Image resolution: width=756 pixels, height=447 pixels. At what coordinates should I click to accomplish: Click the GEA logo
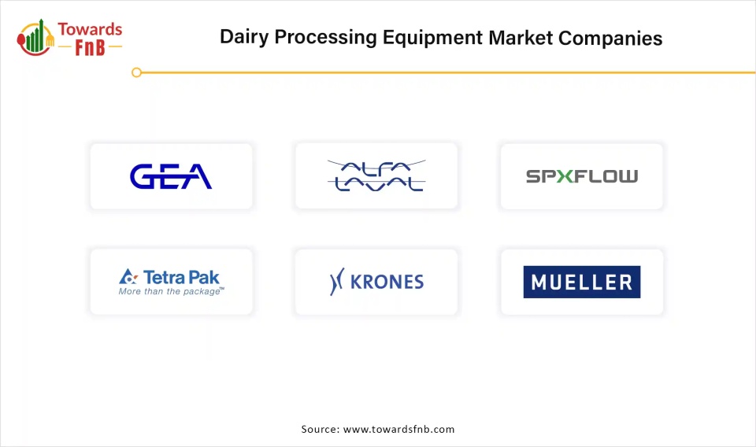click(x=171, y=176)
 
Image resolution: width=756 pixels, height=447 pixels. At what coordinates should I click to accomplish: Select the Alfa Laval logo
click(x=376, y=175)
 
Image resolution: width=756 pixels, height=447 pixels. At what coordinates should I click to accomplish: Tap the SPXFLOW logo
click(x=582, y=176)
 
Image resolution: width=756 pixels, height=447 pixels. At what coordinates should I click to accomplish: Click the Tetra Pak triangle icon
click(x=128, y=276)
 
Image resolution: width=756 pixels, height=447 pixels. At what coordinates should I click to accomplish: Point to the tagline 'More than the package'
click(x=171, y=291)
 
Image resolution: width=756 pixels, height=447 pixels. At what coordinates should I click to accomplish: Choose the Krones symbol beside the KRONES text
click(x=336, y=281)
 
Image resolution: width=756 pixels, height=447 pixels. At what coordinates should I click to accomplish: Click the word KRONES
click(x=387, y=282)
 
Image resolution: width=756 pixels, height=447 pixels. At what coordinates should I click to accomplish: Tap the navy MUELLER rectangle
click(x=582, y=282)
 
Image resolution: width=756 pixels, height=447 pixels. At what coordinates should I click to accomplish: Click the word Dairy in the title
click(x=244, y=38)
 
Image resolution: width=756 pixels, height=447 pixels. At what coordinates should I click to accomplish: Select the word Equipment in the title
click(x=432, y=38)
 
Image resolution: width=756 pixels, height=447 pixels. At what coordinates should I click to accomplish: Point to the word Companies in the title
click(x=610, y=38)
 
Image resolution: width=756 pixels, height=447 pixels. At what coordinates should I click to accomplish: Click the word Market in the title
click(x=521, y=38)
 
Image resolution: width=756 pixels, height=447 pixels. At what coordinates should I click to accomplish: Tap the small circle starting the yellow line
click(x=136, y=72)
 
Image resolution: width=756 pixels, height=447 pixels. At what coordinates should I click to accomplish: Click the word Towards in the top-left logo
click(x=90, y=29)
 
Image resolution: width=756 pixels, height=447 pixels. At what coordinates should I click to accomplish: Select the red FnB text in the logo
click(x=90, y=48)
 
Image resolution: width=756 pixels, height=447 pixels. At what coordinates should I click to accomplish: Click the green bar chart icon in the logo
click(x=35, y=37)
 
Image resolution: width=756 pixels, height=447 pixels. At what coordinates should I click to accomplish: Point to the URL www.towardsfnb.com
click(x=398, y=429)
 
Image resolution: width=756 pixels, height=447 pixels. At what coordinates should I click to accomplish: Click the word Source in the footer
click(x=321, y=429)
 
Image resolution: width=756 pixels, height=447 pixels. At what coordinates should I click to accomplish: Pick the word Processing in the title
click(x=325, y=38)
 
